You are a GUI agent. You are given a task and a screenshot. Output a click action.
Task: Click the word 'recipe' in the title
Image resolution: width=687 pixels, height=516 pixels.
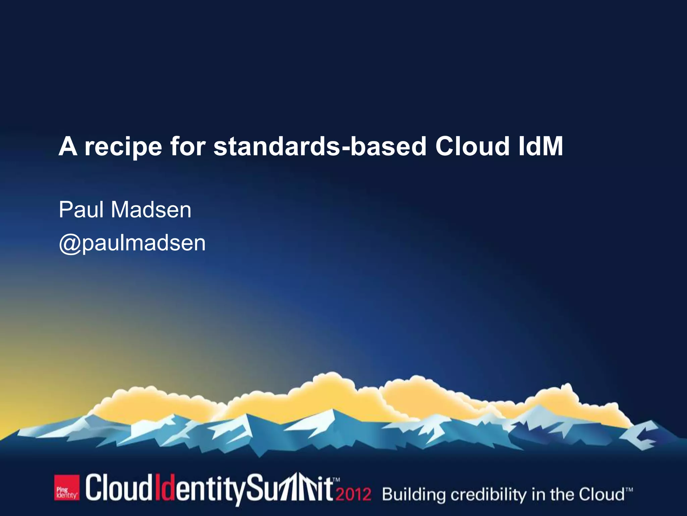tap(123, 147)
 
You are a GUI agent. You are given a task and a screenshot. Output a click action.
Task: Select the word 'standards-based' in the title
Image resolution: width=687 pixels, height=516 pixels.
tap(320, 146)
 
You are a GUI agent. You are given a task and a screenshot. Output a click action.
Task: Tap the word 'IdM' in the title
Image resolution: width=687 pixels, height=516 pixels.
tap(540, 146)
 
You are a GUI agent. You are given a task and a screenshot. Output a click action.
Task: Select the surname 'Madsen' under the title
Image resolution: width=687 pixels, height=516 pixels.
tap(151, 210)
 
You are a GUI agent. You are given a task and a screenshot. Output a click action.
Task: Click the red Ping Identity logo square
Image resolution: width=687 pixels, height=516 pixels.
tap(67, 488)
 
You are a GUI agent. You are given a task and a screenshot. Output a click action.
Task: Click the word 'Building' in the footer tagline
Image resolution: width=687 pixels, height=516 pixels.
tap(414, 495)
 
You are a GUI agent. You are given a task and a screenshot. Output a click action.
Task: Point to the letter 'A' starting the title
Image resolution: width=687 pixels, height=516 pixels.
tap(68, 146)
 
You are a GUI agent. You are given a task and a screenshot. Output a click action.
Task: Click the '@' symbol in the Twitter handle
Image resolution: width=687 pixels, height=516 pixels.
tap(70, 243)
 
